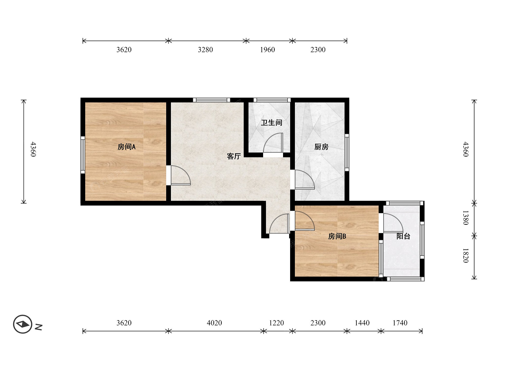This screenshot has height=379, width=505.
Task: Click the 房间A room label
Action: click(127, 147)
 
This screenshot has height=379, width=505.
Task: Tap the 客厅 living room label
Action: click(234, 156)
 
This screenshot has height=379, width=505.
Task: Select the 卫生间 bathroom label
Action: click(271, 123)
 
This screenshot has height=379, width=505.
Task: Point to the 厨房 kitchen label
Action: click(321, 147)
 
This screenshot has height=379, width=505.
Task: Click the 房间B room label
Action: click(337, 236)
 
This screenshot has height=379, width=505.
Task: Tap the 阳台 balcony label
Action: click(403, 236)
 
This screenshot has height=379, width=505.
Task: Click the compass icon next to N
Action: click(22, 324)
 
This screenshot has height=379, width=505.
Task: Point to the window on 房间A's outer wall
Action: click(83, 155)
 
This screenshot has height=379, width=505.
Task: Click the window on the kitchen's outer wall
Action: click(347, 152)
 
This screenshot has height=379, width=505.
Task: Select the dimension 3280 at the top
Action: click(205, 50)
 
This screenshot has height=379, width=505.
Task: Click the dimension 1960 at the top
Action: click(267, 50)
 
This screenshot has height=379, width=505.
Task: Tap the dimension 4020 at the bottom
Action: click(214, 323)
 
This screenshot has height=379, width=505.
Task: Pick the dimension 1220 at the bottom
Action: click(276, 323)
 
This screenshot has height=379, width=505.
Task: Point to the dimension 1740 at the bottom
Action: click(400, 323)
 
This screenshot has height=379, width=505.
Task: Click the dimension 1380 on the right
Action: click(466, 218)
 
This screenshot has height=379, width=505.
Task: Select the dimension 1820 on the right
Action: click(466, 256)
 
